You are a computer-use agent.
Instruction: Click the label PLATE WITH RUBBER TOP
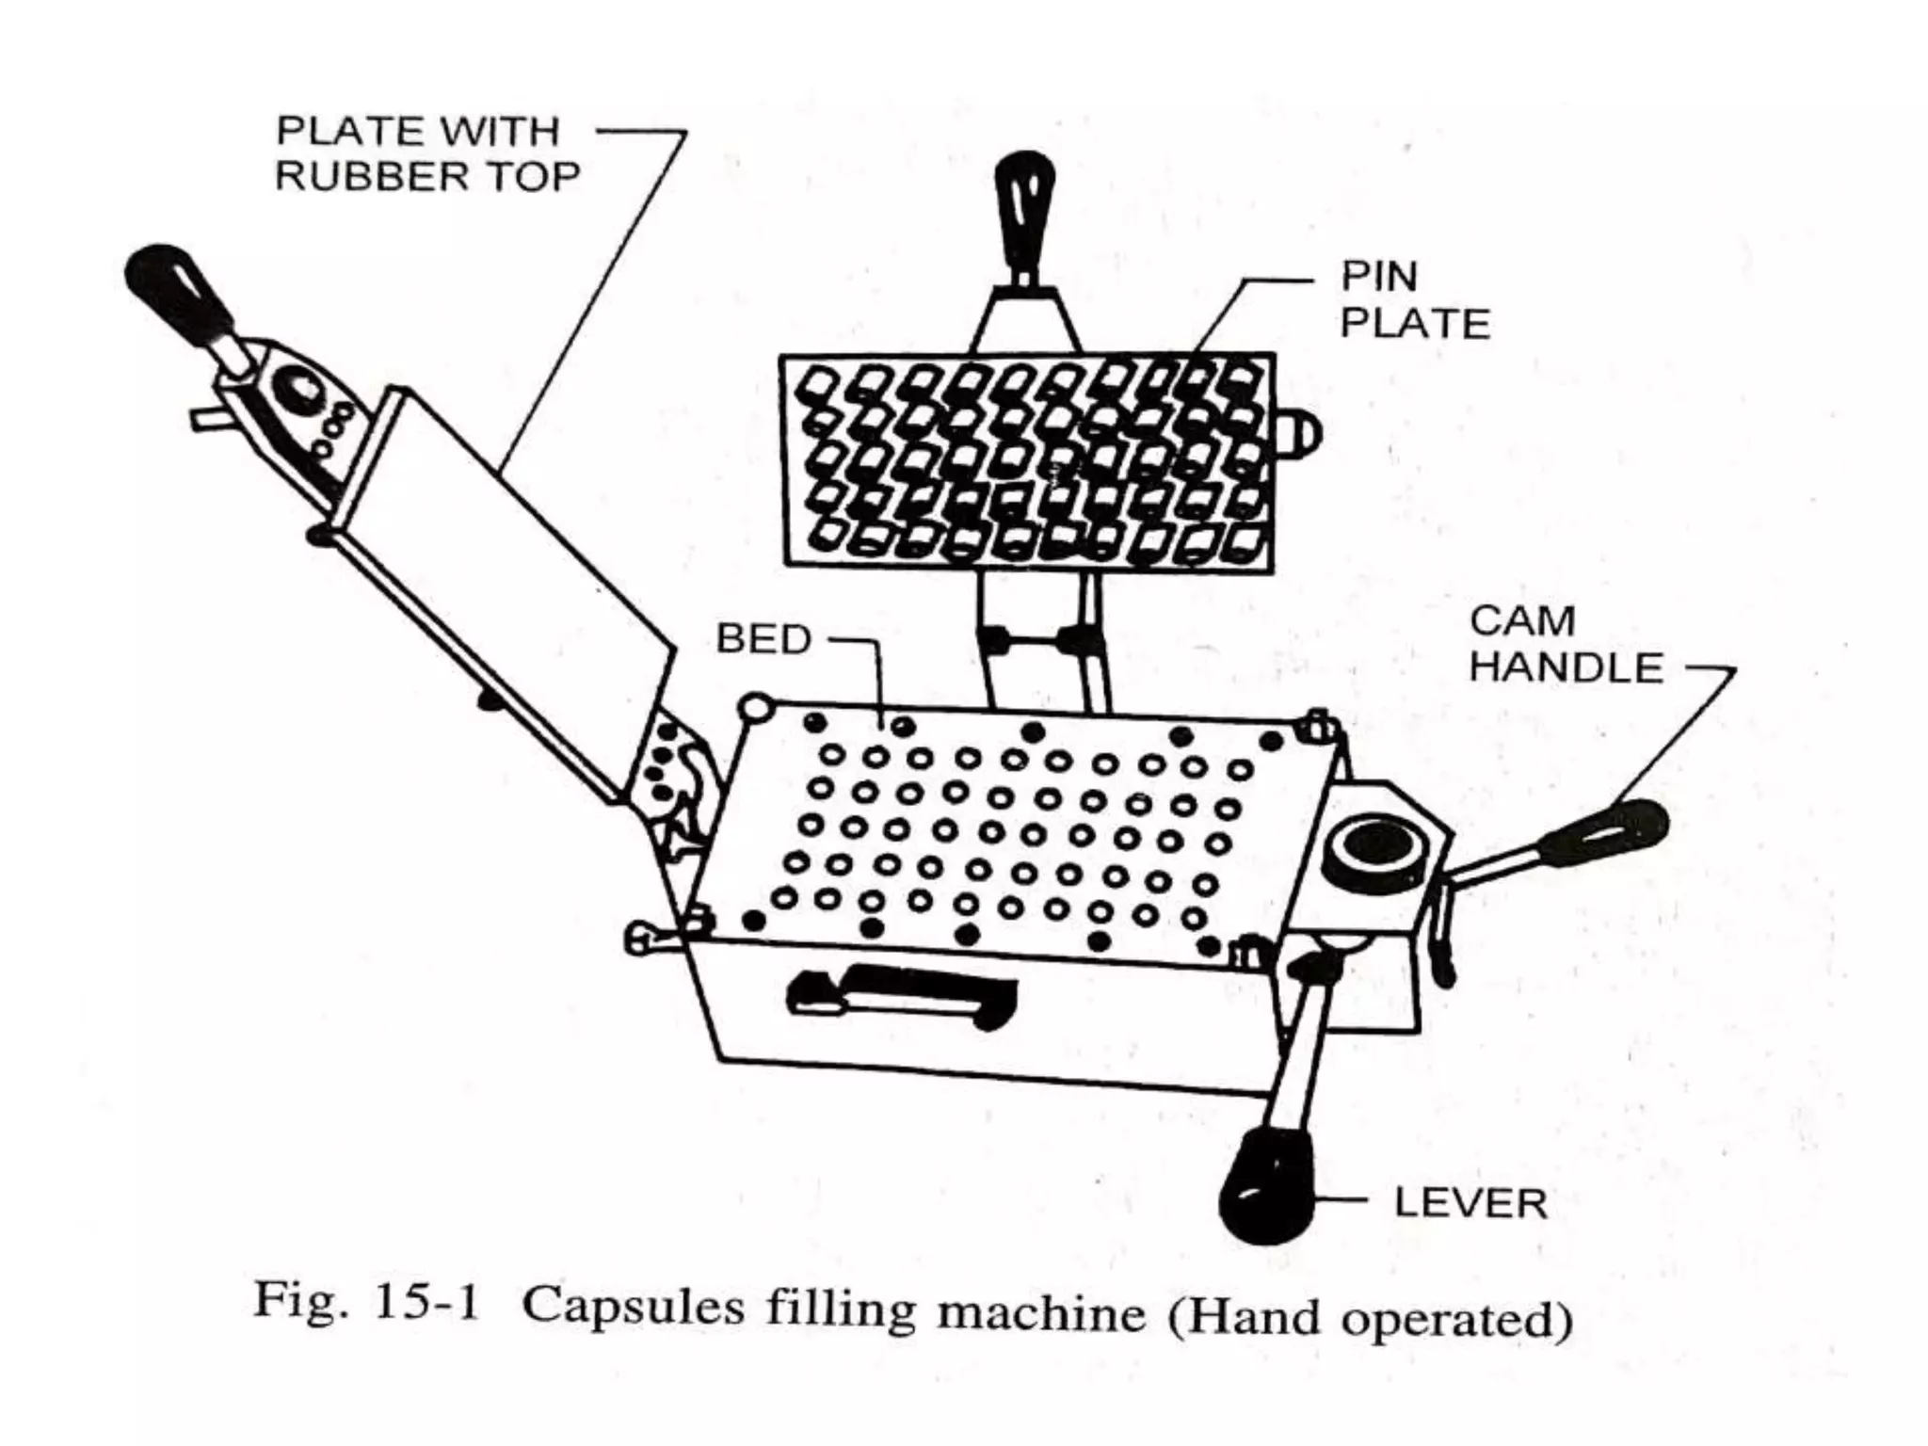(426, 153)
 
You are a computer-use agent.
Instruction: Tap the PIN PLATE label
(1414, 299)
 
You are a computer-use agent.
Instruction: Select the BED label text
(763, 639)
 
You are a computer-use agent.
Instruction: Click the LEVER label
(1470, 1204)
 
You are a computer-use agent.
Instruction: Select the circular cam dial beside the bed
(1370, 848)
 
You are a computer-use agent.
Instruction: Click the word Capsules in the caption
(633, 1309)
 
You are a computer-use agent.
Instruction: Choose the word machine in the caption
(1041, 1312)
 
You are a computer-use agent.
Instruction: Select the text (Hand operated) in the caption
(1370, 1319)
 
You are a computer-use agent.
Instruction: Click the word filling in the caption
(841, 1310)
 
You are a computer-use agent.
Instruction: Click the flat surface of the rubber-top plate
(513, 565)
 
